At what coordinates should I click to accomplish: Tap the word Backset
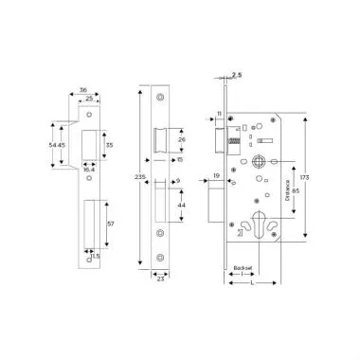coord(243,268)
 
